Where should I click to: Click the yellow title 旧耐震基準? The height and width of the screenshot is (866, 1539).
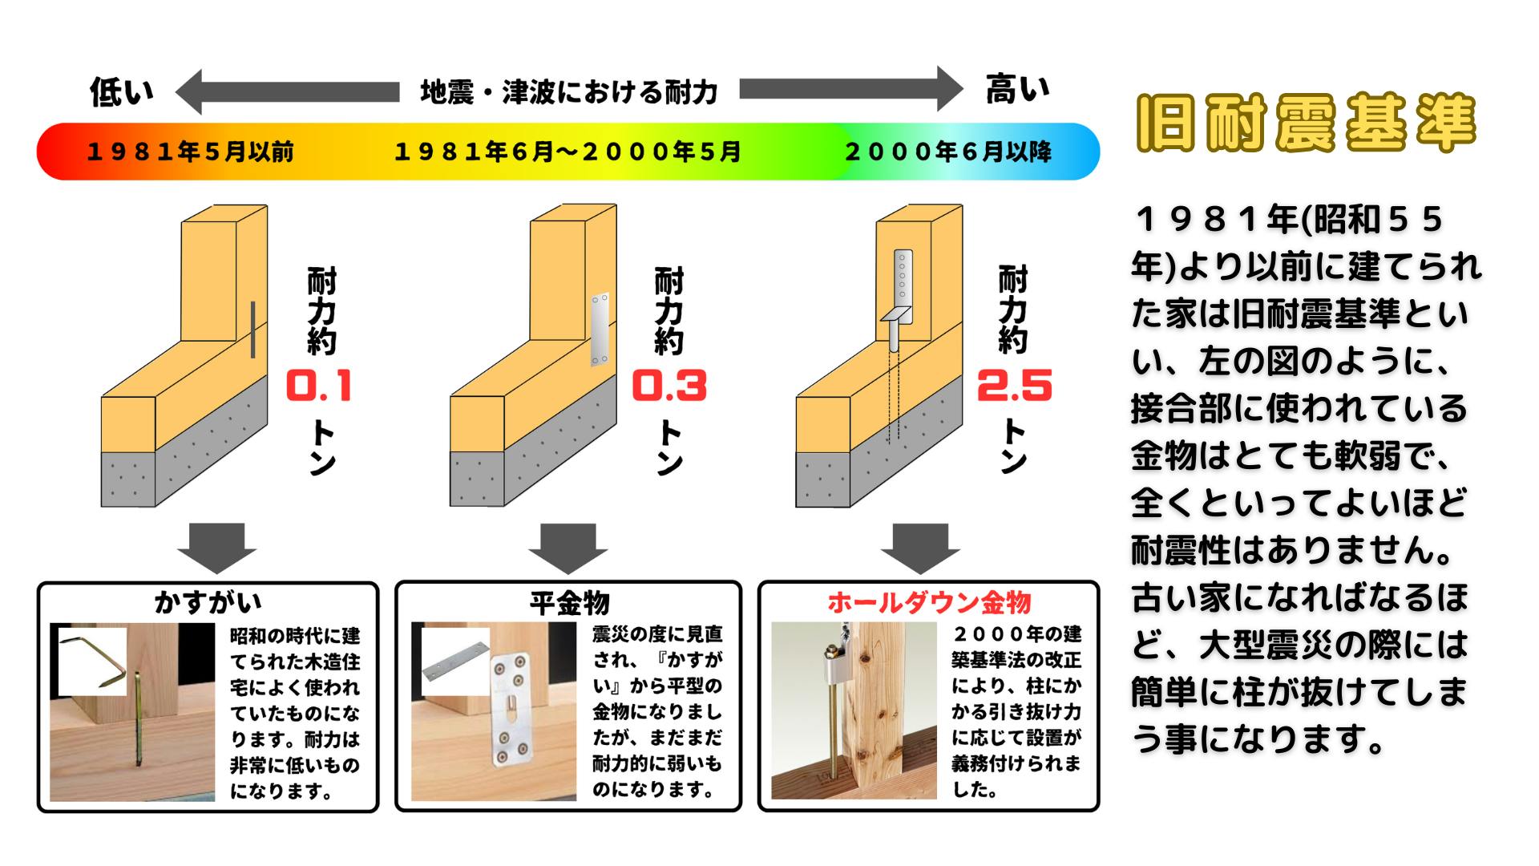click(x=1307, y=123)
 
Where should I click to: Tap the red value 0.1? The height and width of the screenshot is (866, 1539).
click(x=319, y=386)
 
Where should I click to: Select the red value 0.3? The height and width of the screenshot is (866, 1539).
click(x=669, y=386)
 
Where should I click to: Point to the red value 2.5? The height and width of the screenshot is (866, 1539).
click(x=1014, y=386)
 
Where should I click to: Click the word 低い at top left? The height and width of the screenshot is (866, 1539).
click(x=121, y=92)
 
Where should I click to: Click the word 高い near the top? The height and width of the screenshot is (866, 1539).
click(x=1017, y=90)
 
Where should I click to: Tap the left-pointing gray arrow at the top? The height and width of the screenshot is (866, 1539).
click(x=287, y=91)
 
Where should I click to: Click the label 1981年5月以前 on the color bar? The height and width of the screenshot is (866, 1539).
click(x=190, y=152)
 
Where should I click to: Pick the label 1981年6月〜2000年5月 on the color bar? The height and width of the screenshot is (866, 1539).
click(x=568, y=152)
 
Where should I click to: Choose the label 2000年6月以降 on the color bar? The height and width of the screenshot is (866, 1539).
click(x=948, y=152)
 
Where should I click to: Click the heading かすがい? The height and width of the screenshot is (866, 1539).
click(x=208, y=602)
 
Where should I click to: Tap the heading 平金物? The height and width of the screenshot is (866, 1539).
click(x=569, y=602)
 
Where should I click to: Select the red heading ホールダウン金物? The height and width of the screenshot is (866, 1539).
click(x=929, y=602)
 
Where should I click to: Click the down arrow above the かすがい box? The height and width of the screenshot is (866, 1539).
click(x=216, y=548)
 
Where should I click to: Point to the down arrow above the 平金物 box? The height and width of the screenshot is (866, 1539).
click(x=568, y=548)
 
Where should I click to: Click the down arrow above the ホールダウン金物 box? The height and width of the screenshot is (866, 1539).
click(x=920, y=548)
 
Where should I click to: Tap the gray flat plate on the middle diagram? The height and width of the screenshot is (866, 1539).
click(x=600, y=330)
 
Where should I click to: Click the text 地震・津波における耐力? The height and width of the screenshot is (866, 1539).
click(x=568, y=92)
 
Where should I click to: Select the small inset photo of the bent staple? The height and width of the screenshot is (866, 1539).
click(x=93, y=662)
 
